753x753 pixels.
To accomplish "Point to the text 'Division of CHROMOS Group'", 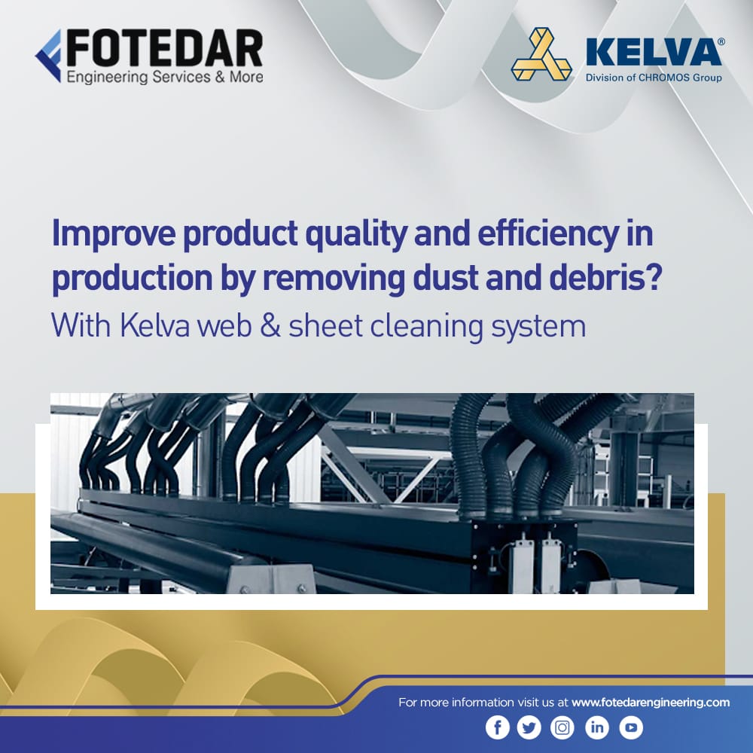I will pos(653,78).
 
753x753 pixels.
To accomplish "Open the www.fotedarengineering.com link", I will pos(651,702).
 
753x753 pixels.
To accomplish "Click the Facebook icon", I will pos(497,727).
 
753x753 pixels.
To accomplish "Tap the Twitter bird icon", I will pos(529,727).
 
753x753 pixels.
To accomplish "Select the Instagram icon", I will pos(562,727).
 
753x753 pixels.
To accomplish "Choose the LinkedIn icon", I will pos(597,727).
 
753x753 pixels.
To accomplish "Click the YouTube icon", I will pos(631,727).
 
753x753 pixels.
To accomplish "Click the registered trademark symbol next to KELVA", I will pos(721,42).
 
